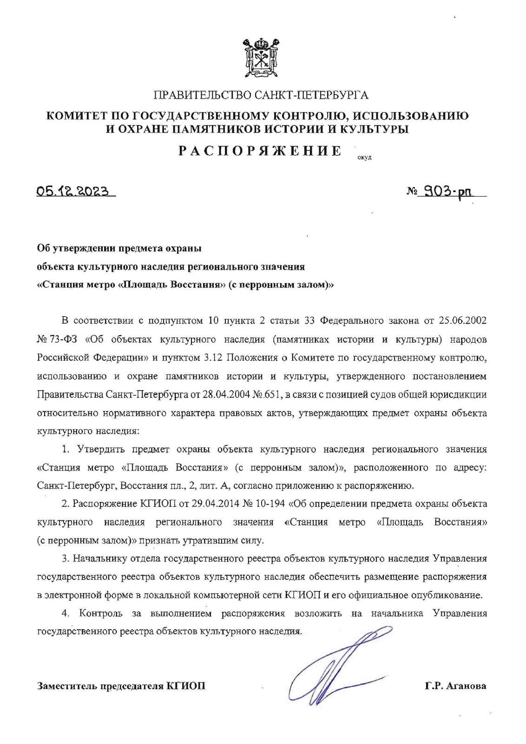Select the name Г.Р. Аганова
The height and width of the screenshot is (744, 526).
(455, 686)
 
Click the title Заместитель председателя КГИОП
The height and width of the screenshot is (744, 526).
(121, 686)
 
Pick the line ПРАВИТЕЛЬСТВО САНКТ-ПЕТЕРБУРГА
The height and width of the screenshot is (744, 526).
(261, 96)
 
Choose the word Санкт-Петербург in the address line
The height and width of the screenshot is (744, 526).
(77, 486)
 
